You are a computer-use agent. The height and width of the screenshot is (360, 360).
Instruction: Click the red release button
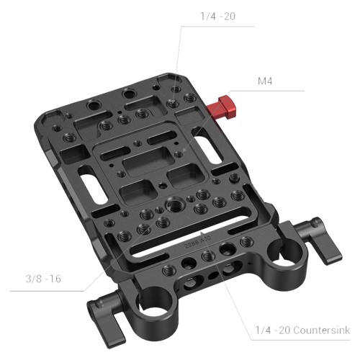[222, 107]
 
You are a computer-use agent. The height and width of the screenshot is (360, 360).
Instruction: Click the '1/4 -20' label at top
[218, 17]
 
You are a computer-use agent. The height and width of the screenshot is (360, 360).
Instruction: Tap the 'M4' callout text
[265, 81]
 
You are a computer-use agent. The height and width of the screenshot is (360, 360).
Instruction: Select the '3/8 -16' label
[43, 279]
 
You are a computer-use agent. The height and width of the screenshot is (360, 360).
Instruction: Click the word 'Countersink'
[322, 330]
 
